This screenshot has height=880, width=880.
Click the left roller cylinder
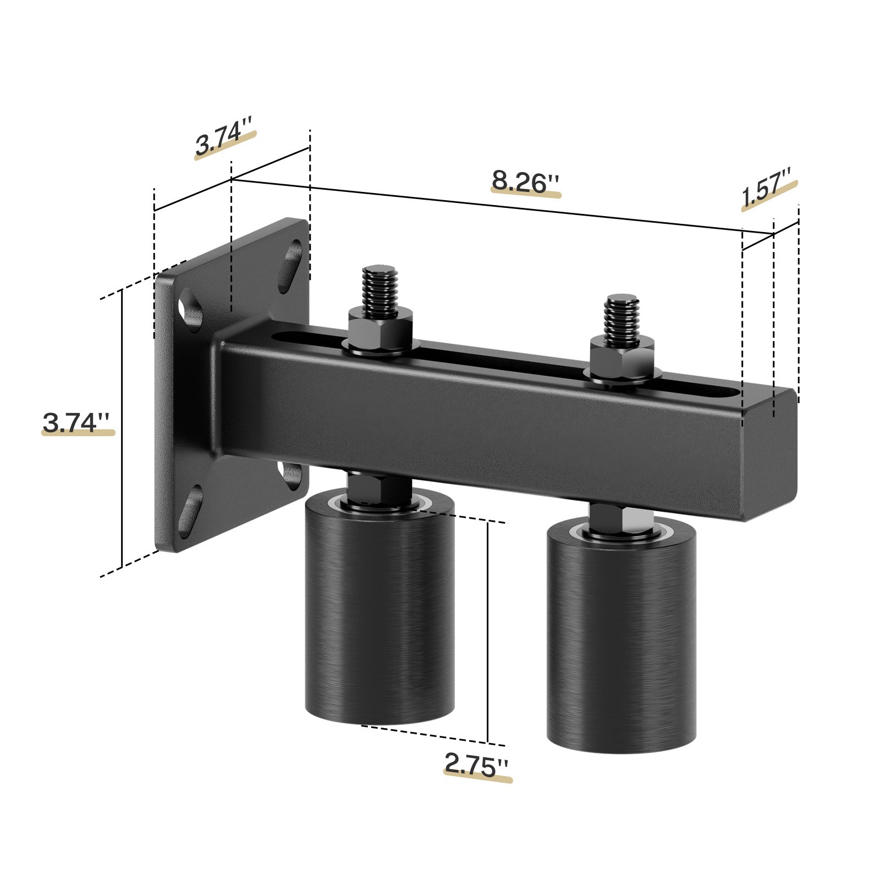(x=380, y=610)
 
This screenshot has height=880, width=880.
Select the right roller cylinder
(x=621, y=638)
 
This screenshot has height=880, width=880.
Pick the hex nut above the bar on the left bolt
(x=380, y=333)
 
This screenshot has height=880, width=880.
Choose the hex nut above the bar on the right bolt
(x=622, y=360)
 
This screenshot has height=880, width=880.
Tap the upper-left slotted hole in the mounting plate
(x=189, y=311)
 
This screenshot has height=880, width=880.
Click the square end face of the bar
(x=770, y=454)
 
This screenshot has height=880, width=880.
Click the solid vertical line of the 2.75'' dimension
(x=488, y=632)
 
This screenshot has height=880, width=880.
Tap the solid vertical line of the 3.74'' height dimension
(x=121, y=429)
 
